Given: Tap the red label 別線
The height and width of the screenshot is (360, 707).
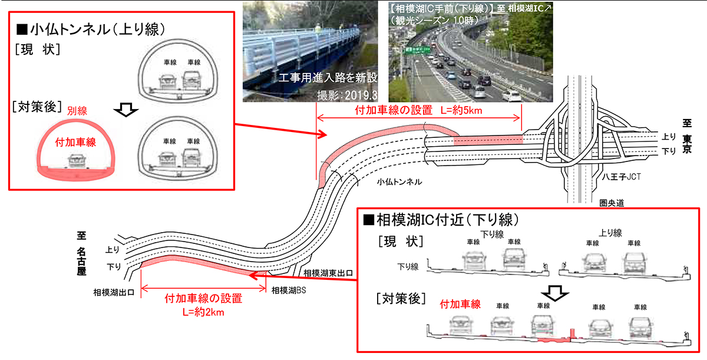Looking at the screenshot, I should point(77,110).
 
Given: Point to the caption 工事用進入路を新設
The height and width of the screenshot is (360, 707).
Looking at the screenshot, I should point(328,78).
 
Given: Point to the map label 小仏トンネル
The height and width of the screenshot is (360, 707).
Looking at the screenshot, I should point(399,182).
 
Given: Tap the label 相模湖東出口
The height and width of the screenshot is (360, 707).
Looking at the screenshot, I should point(328,273).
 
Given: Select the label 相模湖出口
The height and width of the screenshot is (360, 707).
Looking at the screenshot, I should point(113,292).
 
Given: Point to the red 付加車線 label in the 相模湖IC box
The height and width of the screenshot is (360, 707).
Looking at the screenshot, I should point(461,305).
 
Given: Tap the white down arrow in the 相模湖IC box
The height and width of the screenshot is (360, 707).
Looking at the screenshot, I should point(554,293).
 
